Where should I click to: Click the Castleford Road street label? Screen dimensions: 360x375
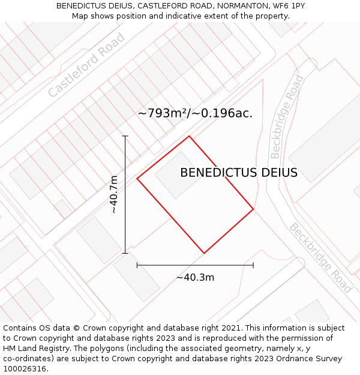(x=86, y=65)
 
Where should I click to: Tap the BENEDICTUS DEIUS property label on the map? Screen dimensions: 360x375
(x=239, y=173)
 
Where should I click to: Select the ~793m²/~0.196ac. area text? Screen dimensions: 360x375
(x=195, y=113)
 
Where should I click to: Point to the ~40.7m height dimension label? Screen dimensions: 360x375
(x=114, y=194)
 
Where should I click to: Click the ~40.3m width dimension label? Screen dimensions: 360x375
(x=195, y=277)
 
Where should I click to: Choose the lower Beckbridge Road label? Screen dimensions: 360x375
(x=320, y=257)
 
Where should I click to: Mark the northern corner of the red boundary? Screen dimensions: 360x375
(x=189, y=136)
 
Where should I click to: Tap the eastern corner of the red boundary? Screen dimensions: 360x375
(x=253, y=209)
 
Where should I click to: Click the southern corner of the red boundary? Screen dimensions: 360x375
(x=204, y=253)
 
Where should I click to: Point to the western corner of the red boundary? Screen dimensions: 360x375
(x=137, y=178)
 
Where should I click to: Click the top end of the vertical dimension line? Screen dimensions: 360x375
(x=125, y=136)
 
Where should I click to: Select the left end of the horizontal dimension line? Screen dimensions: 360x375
(x=137, y=265)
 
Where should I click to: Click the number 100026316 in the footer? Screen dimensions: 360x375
(x=23, y=369)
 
